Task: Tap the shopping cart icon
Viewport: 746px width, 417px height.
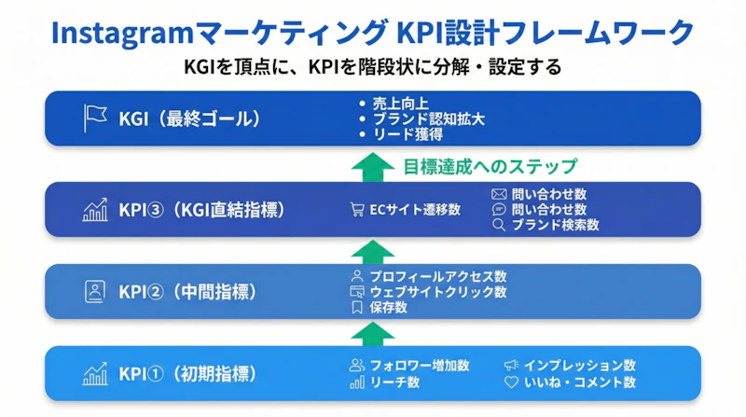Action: [x=356, y=210]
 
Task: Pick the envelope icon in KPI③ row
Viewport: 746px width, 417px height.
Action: [x=499, y=194]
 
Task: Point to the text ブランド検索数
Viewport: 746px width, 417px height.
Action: [x=555, y=225]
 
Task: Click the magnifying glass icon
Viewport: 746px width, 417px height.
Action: [x=499, y=225]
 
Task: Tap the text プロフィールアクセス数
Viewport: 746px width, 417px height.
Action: [x=437, y=276]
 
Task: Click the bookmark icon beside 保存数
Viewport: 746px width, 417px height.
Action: [x=356, y=307]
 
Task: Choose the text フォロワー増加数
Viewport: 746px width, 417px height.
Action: [x=419, y=365]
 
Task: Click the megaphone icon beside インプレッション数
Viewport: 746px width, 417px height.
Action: [x=510, y=365]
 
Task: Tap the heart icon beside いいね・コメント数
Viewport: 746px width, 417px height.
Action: [x=510, y=382]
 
